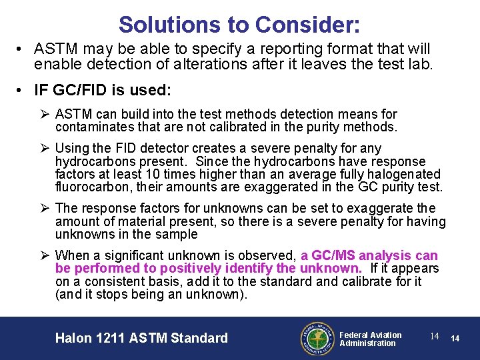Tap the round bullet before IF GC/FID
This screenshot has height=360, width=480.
tap(22, 89)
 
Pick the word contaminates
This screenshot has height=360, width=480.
tap(93, 127)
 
